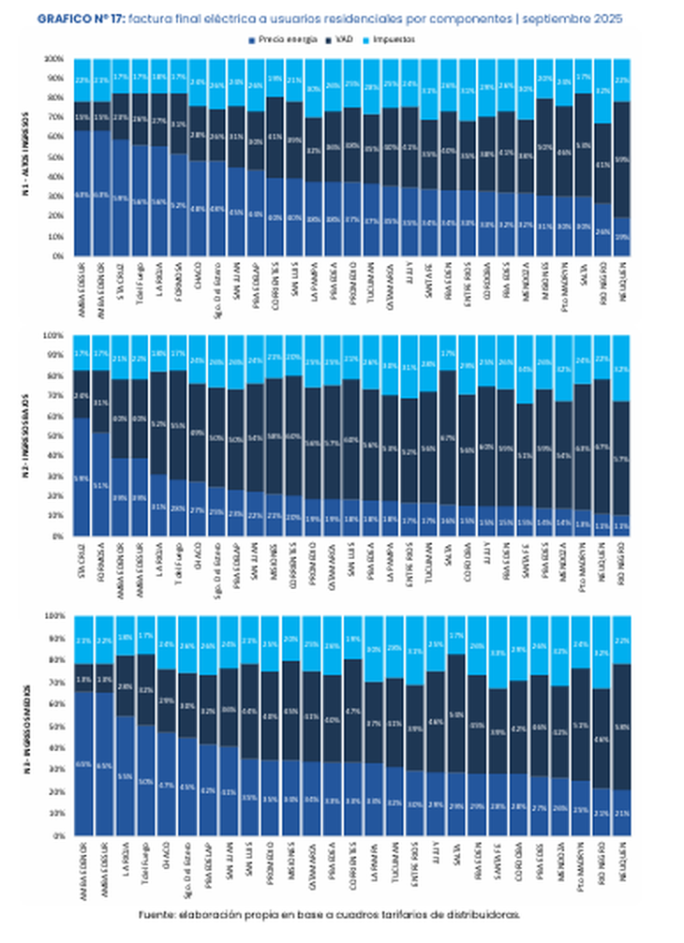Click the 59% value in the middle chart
coord(82,478)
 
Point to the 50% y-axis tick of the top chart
coord(56,157)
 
